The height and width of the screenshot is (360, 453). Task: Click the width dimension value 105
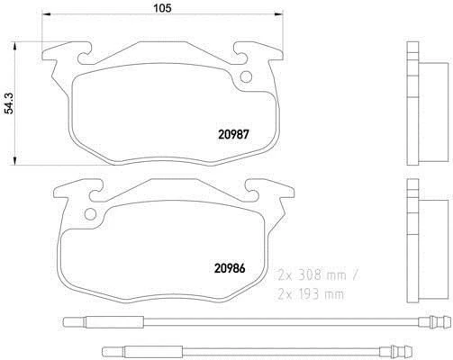click(159, 10)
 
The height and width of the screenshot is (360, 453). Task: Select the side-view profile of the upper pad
click(417, 104)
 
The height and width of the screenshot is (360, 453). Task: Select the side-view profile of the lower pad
click(416, 238)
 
